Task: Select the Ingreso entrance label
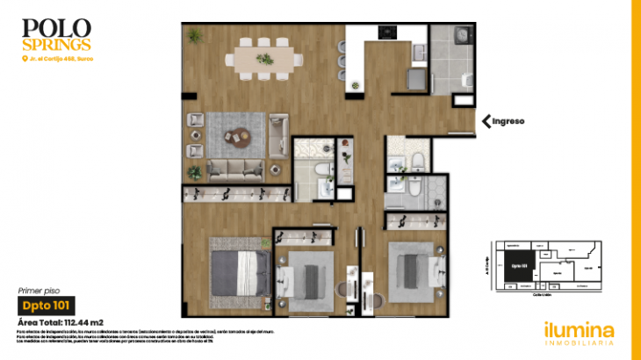coord(508,121)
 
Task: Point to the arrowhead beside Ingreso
coord(485,121)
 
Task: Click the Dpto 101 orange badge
coord(45,306)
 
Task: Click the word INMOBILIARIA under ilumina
coord(579,346)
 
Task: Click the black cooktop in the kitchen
coord(387,33)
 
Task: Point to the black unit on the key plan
coord(517,267)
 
